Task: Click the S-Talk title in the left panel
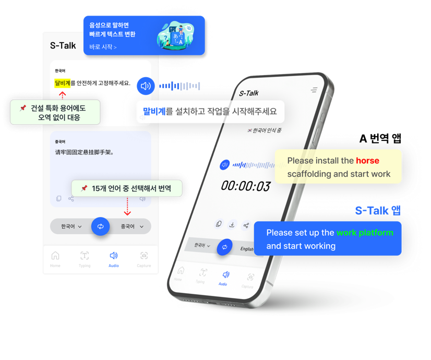(63, 45)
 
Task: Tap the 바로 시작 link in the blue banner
(103, 47)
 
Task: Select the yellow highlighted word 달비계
(63, 83)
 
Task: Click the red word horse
(367, 161)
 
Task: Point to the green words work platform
(365, 233)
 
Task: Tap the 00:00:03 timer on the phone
(245, 186)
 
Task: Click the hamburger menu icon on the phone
(314, 90)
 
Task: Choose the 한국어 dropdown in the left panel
(71, 226)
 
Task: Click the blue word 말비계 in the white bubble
(154, 111)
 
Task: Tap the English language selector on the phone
(247, 249)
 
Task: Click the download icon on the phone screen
(232, 224)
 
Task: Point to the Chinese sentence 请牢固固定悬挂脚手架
(85, 153)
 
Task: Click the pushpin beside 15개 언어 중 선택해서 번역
(84, 188)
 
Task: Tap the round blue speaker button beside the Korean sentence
(146, 86)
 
